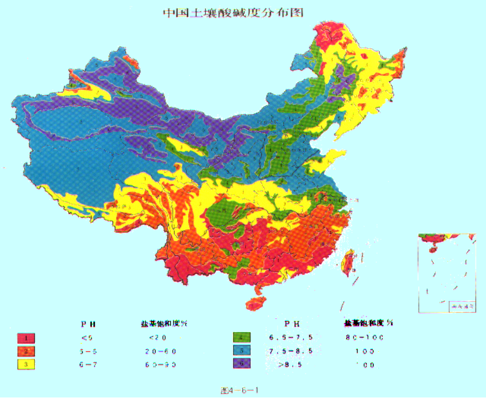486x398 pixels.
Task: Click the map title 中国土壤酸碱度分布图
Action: point(233,12)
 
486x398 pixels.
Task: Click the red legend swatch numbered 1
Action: point(26,338)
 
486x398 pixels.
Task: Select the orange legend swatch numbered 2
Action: point(26,351)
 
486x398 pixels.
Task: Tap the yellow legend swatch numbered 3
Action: point(26,364)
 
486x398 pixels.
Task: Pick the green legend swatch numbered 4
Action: point(242,337)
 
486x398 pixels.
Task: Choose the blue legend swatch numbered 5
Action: point(242,350)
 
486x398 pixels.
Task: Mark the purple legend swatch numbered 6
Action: point(242,364)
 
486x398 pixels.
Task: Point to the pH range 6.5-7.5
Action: point(291,337)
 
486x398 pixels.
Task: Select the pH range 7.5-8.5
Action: point(291,351)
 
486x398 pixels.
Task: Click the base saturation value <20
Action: point(157,338)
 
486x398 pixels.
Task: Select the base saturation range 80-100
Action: point(365,337)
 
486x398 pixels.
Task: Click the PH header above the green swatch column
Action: point(292,323)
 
